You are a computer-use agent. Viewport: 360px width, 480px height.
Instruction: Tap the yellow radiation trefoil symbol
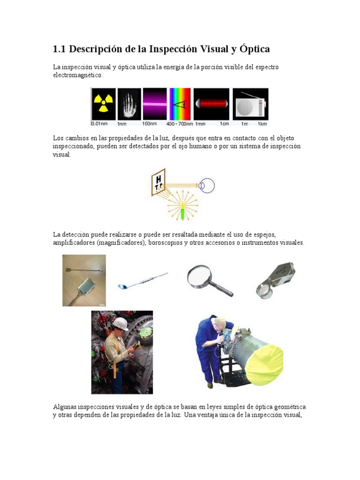pyautogui.click(x=103, y=104)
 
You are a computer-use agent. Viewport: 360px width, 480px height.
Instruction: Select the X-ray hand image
pyautogui.click(x=129, y=104)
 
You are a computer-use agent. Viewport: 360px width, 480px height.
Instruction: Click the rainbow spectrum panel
pyautogui.click(x=180, y=104)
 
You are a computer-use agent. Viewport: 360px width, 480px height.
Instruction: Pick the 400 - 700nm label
pyautogui.click(x=180, y=124)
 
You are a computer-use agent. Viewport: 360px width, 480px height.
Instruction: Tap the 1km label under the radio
pyautogui.click(x=262, y=124)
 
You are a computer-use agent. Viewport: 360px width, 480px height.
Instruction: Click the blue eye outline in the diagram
pyautogui.click(x=206, y=185)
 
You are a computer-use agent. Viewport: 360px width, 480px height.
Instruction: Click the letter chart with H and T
pyautogui.click(x=158, y=181)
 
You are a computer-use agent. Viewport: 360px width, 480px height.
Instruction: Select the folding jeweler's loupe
pyautogui.click(x=275, y=279)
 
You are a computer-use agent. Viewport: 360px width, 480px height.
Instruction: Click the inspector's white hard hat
pyautogui.click(x=121, y=323)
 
